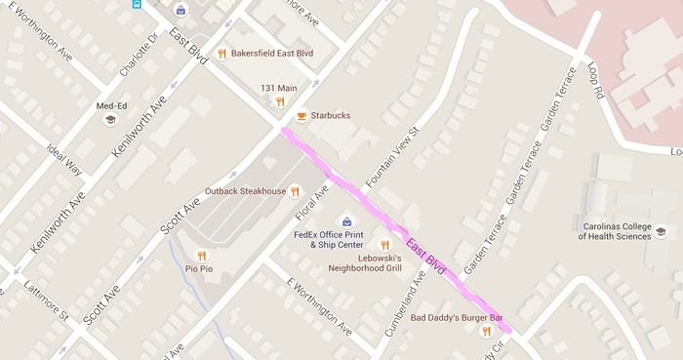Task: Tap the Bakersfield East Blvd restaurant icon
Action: tap(222, 55)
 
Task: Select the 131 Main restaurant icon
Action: tap(280, 100)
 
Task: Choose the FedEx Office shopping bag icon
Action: tap(344, 221)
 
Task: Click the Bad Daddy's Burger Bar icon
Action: tap(486, 332)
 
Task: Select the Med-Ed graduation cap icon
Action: tap(110, 119)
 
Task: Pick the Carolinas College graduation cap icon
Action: tap(661, 231)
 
